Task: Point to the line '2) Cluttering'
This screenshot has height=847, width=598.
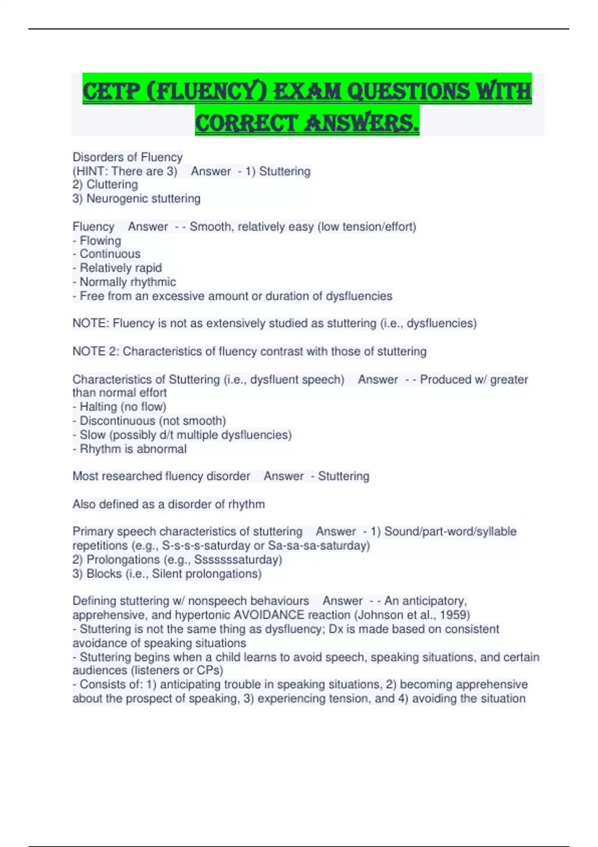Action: coord(105,185)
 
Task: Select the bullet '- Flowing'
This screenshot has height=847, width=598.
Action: coord(97,241)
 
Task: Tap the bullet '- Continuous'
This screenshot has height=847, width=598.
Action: coord(107,254)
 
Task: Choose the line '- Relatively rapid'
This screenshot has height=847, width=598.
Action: coord(117,268)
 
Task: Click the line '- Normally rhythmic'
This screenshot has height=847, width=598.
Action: coord(124,282)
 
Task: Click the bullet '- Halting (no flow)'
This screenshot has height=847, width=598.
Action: coord(120,407)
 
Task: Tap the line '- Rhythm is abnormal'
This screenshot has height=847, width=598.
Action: coord(130,449)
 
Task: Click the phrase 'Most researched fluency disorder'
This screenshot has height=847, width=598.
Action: coord(161,476)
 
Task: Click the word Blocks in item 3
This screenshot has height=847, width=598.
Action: coord(104,574)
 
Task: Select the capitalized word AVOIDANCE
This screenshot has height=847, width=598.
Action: coord(269,615)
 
